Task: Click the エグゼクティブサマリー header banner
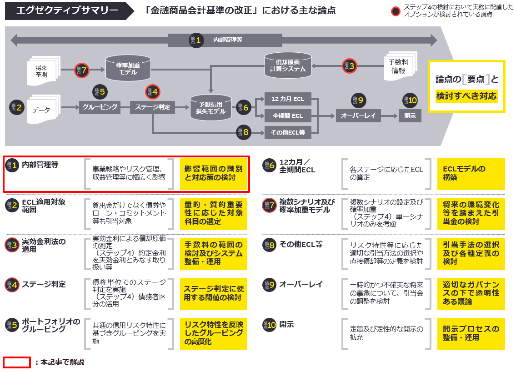tap(66, 10)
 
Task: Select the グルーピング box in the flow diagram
tap(100, 108)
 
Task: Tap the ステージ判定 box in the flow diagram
tap(153, 108)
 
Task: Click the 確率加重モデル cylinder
tap(128, 69)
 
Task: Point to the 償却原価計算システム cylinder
tap(288, 65)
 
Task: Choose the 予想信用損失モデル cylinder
tap(210, 108)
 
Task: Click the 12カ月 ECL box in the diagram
tap(288, 99)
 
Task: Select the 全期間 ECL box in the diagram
tap(288, 116)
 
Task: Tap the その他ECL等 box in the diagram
tap(288, 133)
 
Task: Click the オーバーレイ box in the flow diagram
tap(358, 116)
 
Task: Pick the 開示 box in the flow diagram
tap(410, 116)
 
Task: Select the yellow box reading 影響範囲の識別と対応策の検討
tap(214, 173)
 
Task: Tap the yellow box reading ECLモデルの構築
tap(471, 173)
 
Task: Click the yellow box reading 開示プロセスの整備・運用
tap(471, 333)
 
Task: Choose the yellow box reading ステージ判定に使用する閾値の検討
tap(214, 293)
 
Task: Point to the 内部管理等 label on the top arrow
tap(227, 40)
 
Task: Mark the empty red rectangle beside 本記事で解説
tap(17, 362)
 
